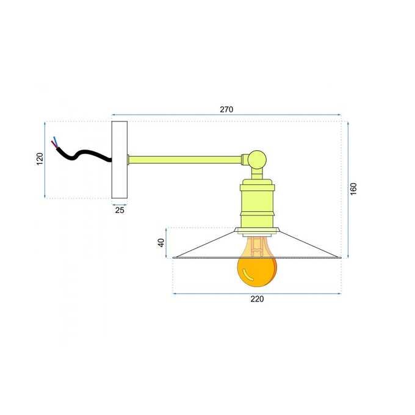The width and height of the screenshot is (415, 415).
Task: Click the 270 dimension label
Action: [x=226, y=109]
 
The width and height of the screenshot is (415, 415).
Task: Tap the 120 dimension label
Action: [x=40, y=159]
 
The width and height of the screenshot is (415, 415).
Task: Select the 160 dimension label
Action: [x=353, y=189]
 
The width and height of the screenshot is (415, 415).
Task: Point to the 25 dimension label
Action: [x=120, y=210]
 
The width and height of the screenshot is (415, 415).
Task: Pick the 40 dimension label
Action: [x=161, y=243]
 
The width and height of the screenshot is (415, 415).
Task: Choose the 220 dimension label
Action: [x=257, y=299]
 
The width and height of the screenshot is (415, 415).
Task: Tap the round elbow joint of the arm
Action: [x=257, y=160]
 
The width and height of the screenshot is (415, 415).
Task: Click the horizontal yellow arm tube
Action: [x=185, y=160]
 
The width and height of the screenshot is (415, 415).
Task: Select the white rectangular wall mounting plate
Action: [x=120, y=160]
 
